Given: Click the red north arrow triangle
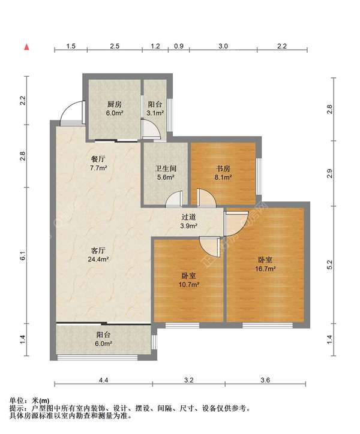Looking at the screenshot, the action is pos(26,47).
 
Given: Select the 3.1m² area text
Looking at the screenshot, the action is pos(155,113).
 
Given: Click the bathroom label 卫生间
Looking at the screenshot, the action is pos(166,168).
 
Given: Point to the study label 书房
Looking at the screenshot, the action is pos(223,168).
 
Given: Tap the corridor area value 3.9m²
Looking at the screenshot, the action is pos(189,226).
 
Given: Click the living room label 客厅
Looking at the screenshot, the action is pos(98,251).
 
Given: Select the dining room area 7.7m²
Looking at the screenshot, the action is pos(99,168).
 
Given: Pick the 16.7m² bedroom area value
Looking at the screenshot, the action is pos(265,269).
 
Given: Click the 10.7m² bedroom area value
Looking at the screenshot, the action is pos(189,284).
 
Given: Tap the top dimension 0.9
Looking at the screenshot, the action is pos(179,46).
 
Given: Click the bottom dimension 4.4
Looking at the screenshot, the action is pos(103,380).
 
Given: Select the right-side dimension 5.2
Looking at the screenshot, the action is pos(329,264).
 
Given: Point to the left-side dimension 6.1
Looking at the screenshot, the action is pos(23,255).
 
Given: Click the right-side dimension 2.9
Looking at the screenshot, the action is pos(329,174).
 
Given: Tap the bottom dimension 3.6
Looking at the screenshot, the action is pos(265,380).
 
